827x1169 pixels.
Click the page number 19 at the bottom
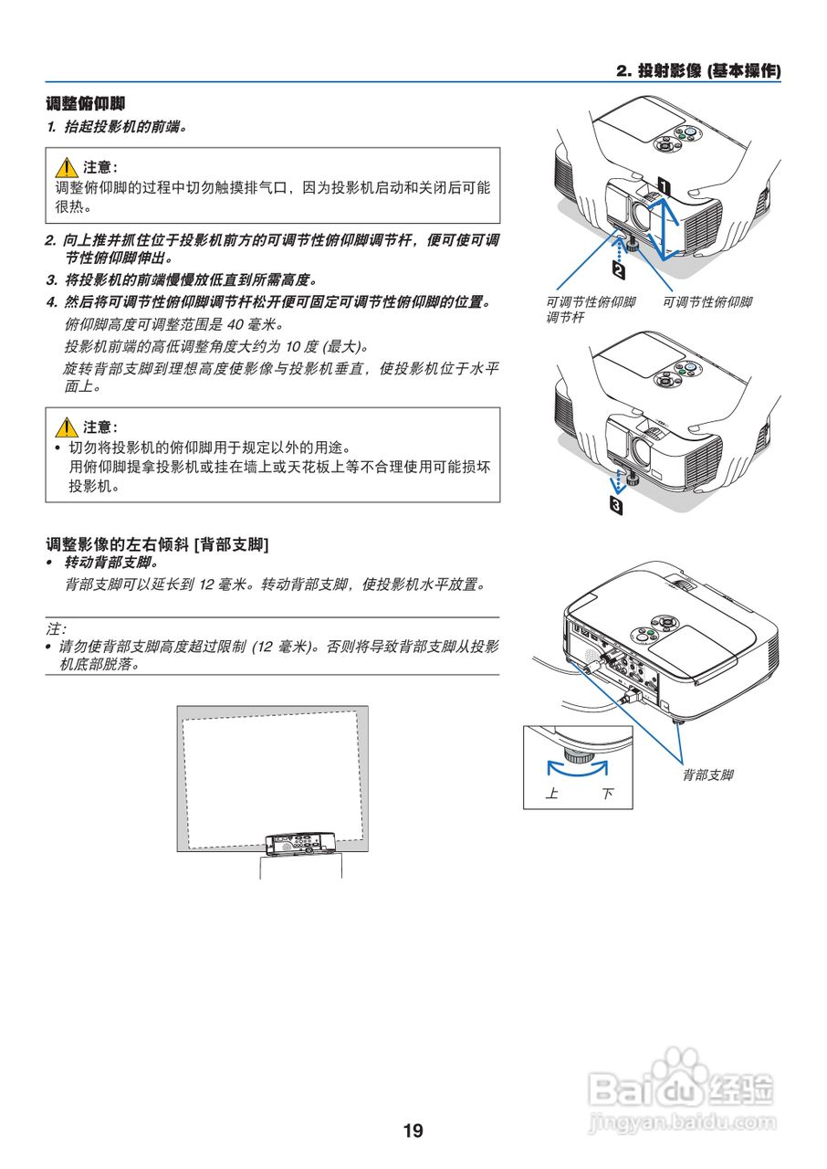pos(413,1131)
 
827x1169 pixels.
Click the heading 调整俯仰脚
pos(86,104)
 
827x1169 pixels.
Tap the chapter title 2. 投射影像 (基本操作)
pos(698,70)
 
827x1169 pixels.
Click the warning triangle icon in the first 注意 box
pos(66,168)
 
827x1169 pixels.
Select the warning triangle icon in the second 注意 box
pos(66,427)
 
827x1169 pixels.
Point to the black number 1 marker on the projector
pos(664,185)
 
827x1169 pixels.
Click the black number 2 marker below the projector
pos(619,270)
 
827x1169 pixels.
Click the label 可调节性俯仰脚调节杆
pos(590,311)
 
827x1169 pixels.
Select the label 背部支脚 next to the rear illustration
pos(707,774)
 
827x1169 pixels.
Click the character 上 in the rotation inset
pos(551,794)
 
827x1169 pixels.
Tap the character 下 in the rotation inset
pos(607,794)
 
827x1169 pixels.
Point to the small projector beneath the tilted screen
pos(300,844)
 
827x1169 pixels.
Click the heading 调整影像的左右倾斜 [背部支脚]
pos(157,544)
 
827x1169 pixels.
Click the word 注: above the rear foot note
pos(57,629)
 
